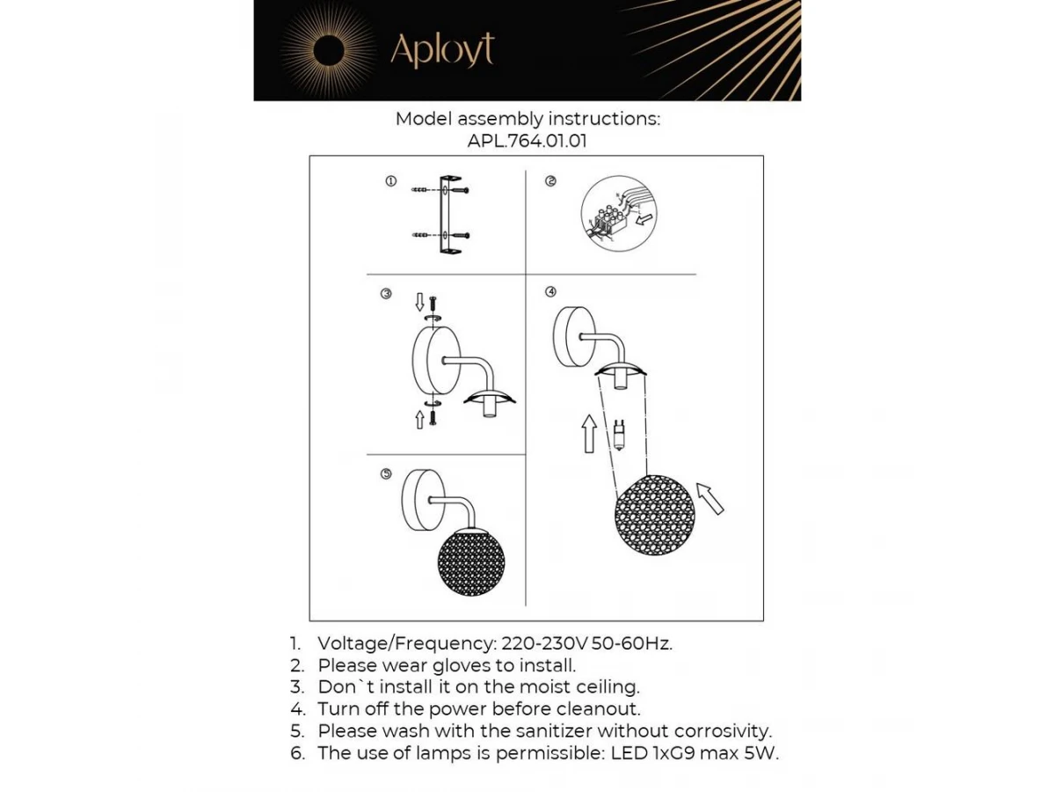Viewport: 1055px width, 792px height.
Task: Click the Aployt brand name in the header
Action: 441,50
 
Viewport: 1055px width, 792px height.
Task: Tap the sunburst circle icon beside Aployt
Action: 328,49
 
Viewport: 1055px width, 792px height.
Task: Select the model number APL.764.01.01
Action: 527,141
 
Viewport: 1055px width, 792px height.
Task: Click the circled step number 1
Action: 390,181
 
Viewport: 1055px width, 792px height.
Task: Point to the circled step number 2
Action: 550,181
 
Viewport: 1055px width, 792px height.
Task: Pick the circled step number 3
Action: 386,293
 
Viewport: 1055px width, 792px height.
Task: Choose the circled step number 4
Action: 550,291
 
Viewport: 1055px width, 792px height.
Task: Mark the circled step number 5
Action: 386,473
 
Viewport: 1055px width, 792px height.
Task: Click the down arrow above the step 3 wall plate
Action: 419,303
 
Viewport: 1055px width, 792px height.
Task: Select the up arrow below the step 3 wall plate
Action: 419,418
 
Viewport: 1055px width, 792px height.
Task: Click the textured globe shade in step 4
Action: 655,515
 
